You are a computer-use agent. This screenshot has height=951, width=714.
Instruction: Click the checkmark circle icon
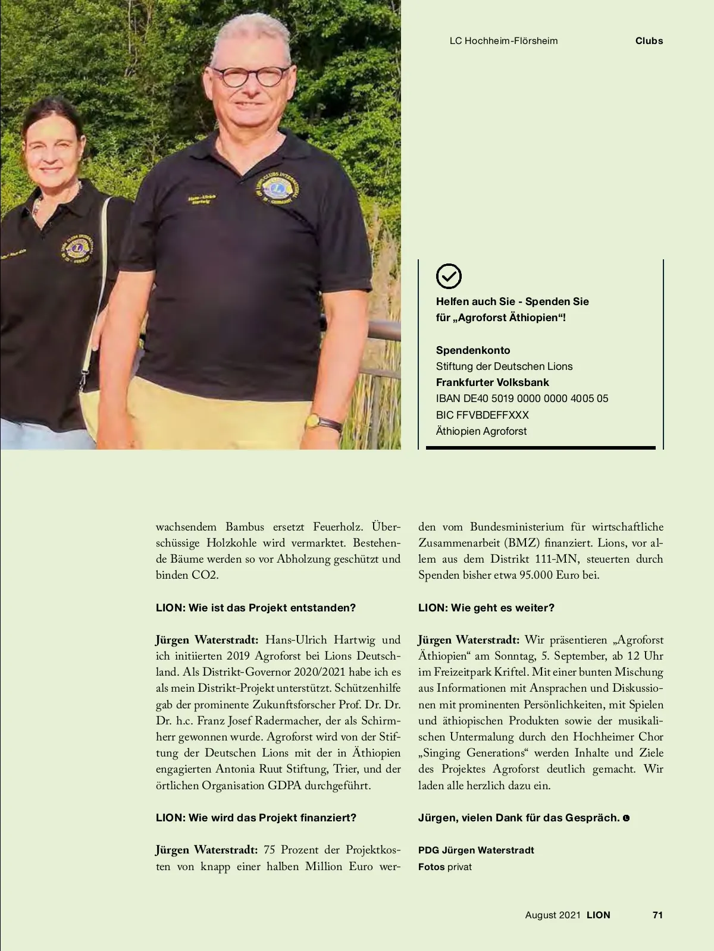pyautogui.click(x=449, y=276)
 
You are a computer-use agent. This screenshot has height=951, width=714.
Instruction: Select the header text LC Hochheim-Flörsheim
pyautogui.click(x=503, y=41)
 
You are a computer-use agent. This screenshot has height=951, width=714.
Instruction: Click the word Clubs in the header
pyautogui.click(x=649, y=41)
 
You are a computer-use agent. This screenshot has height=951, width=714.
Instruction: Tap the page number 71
pyautogui.click(x=657, y=915)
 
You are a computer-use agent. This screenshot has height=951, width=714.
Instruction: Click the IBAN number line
pyautogui.click(x=522, y=398)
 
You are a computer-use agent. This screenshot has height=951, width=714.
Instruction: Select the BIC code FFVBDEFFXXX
pyautogui.click(x=482, y=415)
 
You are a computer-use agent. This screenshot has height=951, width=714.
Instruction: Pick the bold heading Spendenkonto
pyautogui.click(x=473, y=350)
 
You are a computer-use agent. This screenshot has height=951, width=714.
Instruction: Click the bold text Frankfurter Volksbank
pyautogui.click(x=492, y=382)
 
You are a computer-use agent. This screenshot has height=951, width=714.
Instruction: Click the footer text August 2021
pyautogui.click(x=552, y=915)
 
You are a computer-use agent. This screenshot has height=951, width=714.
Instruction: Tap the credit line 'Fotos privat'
pyautogui.click(x=444, y=867)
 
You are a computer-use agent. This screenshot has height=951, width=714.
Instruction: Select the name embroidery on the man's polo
pyautogui.click(x=201, y=200)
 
